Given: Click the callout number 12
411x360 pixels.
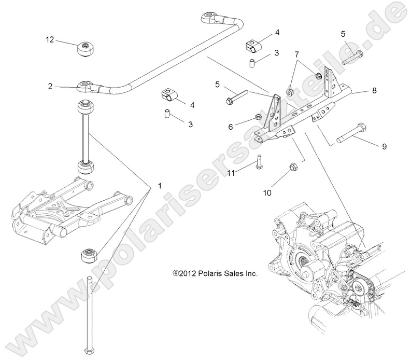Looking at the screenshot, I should (x=50, y=39).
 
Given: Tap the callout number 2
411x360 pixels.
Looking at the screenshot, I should (x=50, y=86).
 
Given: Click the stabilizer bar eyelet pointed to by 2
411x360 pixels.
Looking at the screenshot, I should (x=84, y=86).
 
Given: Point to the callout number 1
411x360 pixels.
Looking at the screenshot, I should (x=160, y=185).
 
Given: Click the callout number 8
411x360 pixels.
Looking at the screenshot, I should (x=374, y=90).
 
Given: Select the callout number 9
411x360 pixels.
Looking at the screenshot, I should (x=384, y=147).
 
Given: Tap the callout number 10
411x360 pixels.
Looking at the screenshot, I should (x=267, y=192).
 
